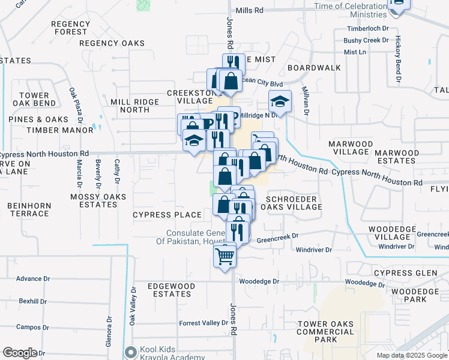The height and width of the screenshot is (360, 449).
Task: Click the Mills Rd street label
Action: pos(250,11)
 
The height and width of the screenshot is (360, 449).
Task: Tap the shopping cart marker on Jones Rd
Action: pos(225,257)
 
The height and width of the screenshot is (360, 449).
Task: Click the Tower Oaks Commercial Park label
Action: pos(325,332)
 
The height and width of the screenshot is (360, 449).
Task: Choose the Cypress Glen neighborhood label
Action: pos(405,273)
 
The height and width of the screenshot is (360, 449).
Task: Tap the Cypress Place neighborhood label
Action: pos(167,215)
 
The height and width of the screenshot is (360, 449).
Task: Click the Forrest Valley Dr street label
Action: pos(203,323)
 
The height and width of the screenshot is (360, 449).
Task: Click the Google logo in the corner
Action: pos(20,353)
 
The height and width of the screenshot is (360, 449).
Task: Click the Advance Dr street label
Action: pos(29,278)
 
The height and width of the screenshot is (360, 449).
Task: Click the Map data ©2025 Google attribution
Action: pos(411,355)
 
